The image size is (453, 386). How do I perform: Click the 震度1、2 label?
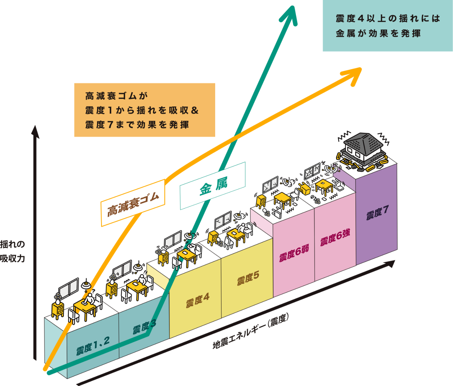(x=93, y=345)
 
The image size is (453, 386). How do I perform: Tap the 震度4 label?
(x=197, y=300)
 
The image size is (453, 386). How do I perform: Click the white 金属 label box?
(x=212, y=186)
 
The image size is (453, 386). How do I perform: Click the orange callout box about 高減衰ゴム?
(x=144, y=110)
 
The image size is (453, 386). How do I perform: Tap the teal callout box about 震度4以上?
(x=388, y=25)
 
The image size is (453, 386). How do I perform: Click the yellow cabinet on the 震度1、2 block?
(x=58, y=309)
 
